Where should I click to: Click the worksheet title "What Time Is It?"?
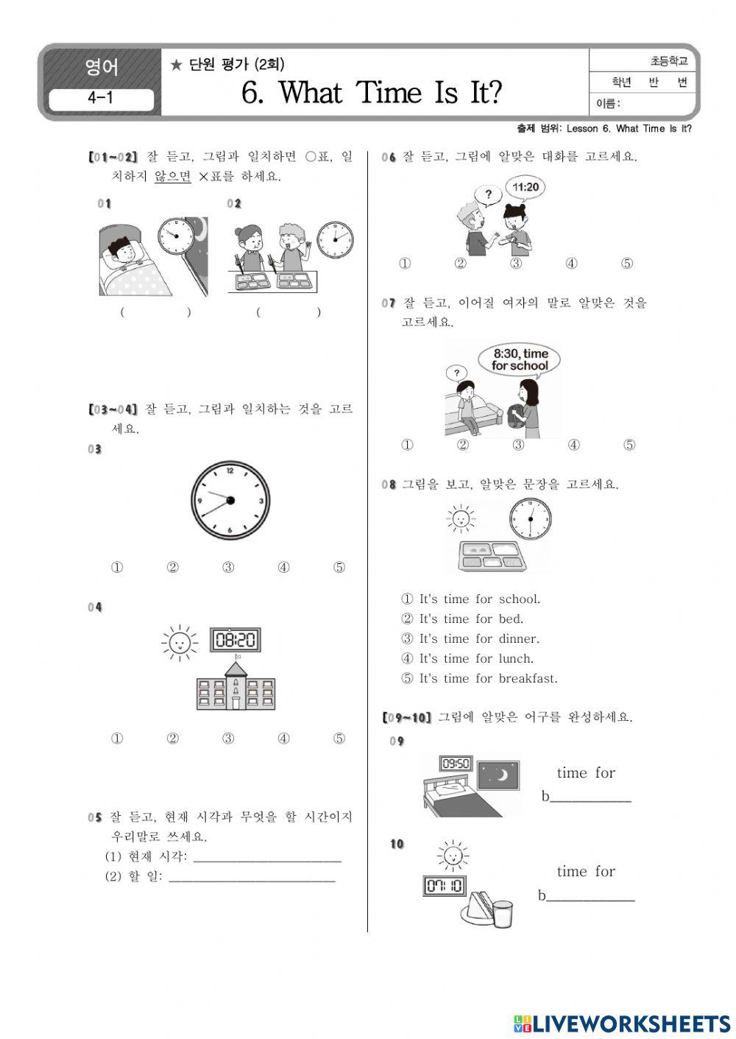pyautogui.click(x=372, y=94)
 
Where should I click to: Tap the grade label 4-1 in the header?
pyautogui.click(x=101, y=99)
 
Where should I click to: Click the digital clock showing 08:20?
pyautogui.click(x=235, y=640)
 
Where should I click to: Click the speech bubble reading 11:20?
pyautogui.click(x=526, y=188)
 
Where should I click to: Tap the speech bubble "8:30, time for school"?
pyautogui.click(x=520, y=360)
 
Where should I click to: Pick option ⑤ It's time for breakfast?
pyautogui.click(x=478, y=679)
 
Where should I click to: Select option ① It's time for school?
pyautogui.click(x=470, y=599)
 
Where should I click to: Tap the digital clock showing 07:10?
pyautogui.click(x=444, y=885)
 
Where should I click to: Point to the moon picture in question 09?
pyautogui.click(x=498, y=775)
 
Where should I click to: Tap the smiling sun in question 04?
pyautogui.click(x=180, y=644)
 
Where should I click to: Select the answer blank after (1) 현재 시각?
pyautogui.click(x=266, y=856)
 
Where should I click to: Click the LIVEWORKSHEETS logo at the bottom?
pyautogui.click(x=621, y=1024)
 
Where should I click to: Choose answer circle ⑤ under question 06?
pyautogui.click(x=627, y=264)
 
